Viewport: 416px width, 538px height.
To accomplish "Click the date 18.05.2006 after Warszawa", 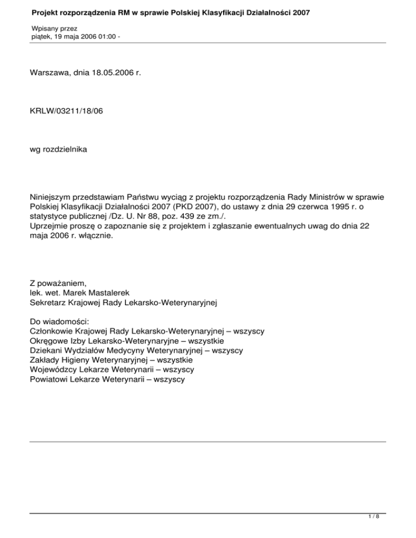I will pyautogui.click(x=110, y=84).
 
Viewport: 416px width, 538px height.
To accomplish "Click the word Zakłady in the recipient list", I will pyautogui.click(x=45, y=359).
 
